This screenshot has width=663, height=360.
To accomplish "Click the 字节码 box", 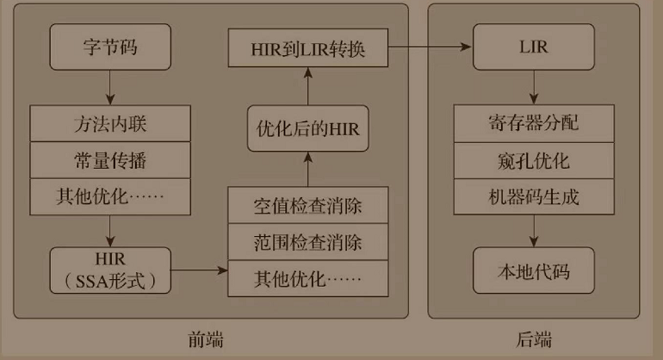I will click(x=110, y=47).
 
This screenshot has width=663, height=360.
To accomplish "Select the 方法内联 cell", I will click(x=110, y=123).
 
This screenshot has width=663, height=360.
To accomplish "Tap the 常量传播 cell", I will click(x=110, y=160).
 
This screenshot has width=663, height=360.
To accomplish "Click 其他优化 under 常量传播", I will click(x=110, y=197).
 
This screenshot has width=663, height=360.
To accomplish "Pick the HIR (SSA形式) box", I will click(x=110, y=269).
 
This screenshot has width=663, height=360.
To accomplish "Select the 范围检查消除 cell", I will click(x=307, y=240).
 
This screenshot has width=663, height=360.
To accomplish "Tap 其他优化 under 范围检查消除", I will click(x=307, y=277).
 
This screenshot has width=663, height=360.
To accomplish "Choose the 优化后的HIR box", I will click(x=307, y=130).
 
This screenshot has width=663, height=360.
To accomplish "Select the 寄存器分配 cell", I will click(x=533, y=122).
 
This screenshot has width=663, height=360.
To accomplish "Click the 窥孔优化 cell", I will click(x=533, y=159).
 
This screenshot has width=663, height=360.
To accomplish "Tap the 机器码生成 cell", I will click(x=533, y=196).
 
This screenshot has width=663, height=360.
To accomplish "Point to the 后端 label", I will click(x=534, y=339).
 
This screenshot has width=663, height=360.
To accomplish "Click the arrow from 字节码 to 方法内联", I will click(x=110, y=87).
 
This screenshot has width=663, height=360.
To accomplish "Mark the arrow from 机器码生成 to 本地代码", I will click(x=533, y=230).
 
